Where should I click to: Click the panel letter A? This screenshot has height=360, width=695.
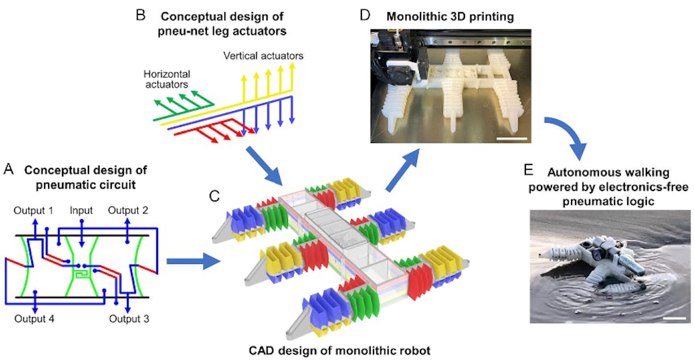(x=8, y=169)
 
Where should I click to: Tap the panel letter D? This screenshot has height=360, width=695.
(x=365, y=14)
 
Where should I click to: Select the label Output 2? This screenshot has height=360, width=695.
(x=127, y=210)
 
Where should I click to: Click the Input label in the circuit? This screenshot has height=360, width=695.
(x=82, y=210)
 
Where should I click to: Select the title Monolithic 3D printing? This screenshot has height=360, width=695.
(x=451, y=16)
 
